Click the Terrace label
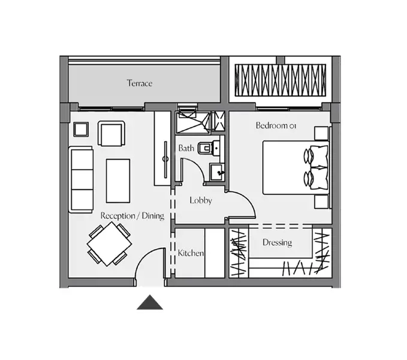pos(140,83)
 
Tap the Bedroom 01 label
pos(276,125)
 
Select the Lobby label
pos(201,200)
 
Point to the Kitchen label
pos(191,253)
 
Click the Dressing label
pos(277,242)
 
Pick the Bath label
pos(186,148)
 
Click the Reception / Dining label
pos(132,216)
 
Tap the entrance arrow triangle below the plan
pos(150,302)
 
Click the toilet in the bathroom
pos(209,148)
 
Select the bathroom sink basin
pos(216,172)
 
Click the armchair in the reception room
pos(111,133)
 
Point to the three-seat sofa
pos(81,179)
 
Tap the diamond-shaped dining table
pos(109,244)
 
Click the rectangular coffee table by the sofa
pos(118,181)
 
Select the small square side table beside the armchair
pos(81,130)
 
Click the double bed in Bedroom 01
pos(296,168)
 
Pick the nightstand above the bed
pos(321,134)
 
